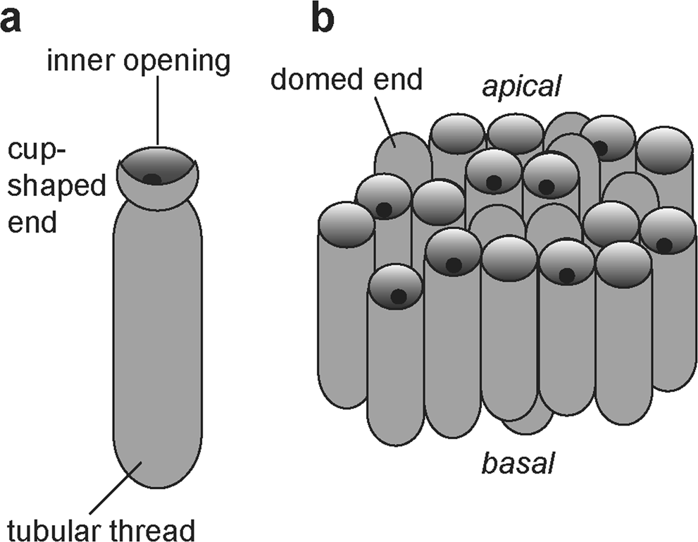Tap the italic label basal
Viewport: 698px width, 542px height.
coord(518,464)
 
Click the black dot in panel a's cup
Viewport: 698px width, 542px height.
coord(152,179)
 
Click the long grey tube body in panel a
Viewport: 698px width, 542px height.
coord(157,338)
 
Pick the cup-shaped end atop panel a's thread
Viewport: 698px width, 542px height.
coord(157,180)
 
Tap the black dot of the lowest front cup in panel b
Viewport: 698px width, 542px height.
coord(398,297)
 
